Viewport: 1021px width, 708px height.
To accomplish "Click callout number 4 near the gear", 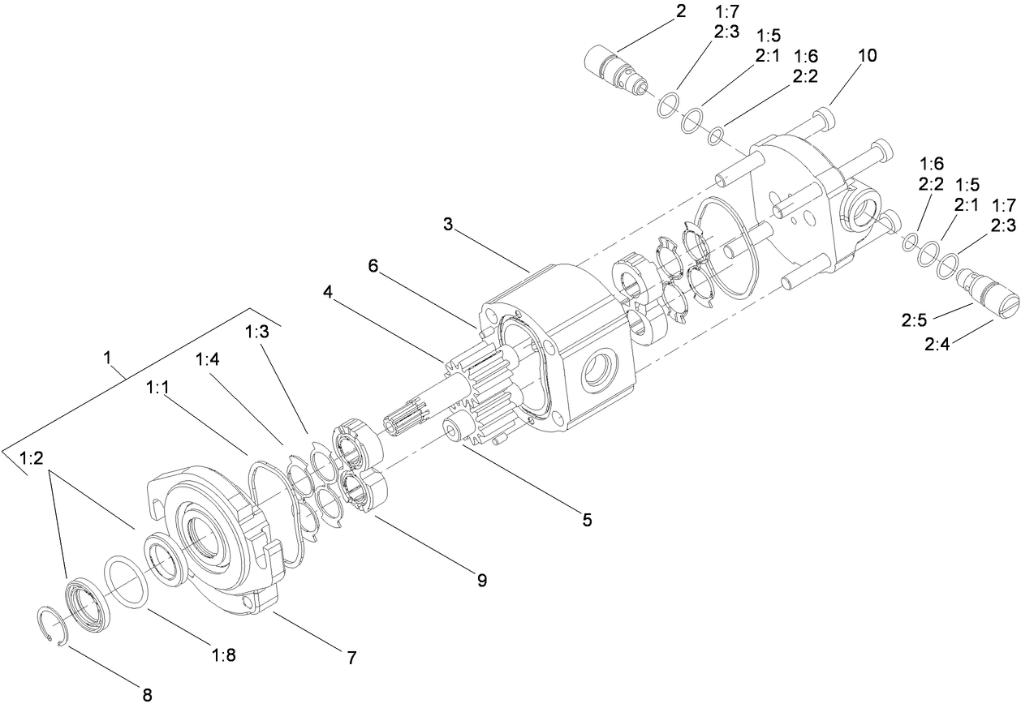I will click(586, 519).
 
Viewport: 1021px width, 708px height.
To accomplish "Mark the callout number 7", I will click(351, 658).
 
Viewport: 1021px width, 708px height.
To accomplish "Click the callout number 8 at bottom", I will click(148, 694).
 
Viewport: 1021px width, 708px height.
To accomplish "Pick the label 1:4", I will click(207, 359).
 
